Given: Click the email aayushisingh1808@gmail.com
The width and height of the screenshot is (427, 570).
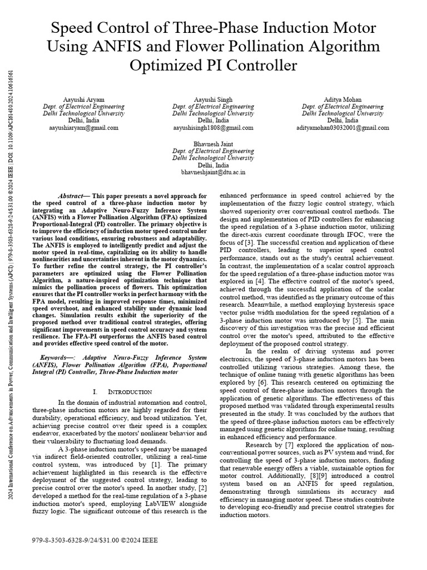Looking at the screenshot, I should point(213,127).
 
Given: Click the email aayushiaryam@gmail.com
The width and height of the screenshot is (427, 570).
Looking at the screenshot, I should point(84,127).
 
